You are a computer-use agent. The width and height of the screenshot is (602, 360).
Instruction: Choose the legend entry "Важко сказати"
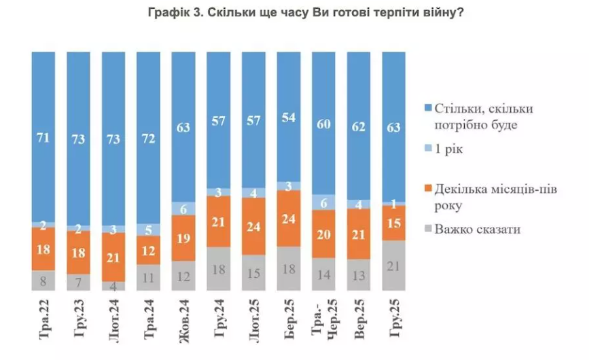click(x=476, y=229)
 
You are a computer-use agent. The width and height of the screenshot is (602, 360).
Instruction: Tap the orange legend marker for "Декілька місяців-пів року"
click(x=428, y=188)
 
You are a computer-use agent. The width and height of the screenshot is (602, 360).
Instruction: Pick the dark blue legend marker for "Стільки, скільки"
click(x=428, y=109)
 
